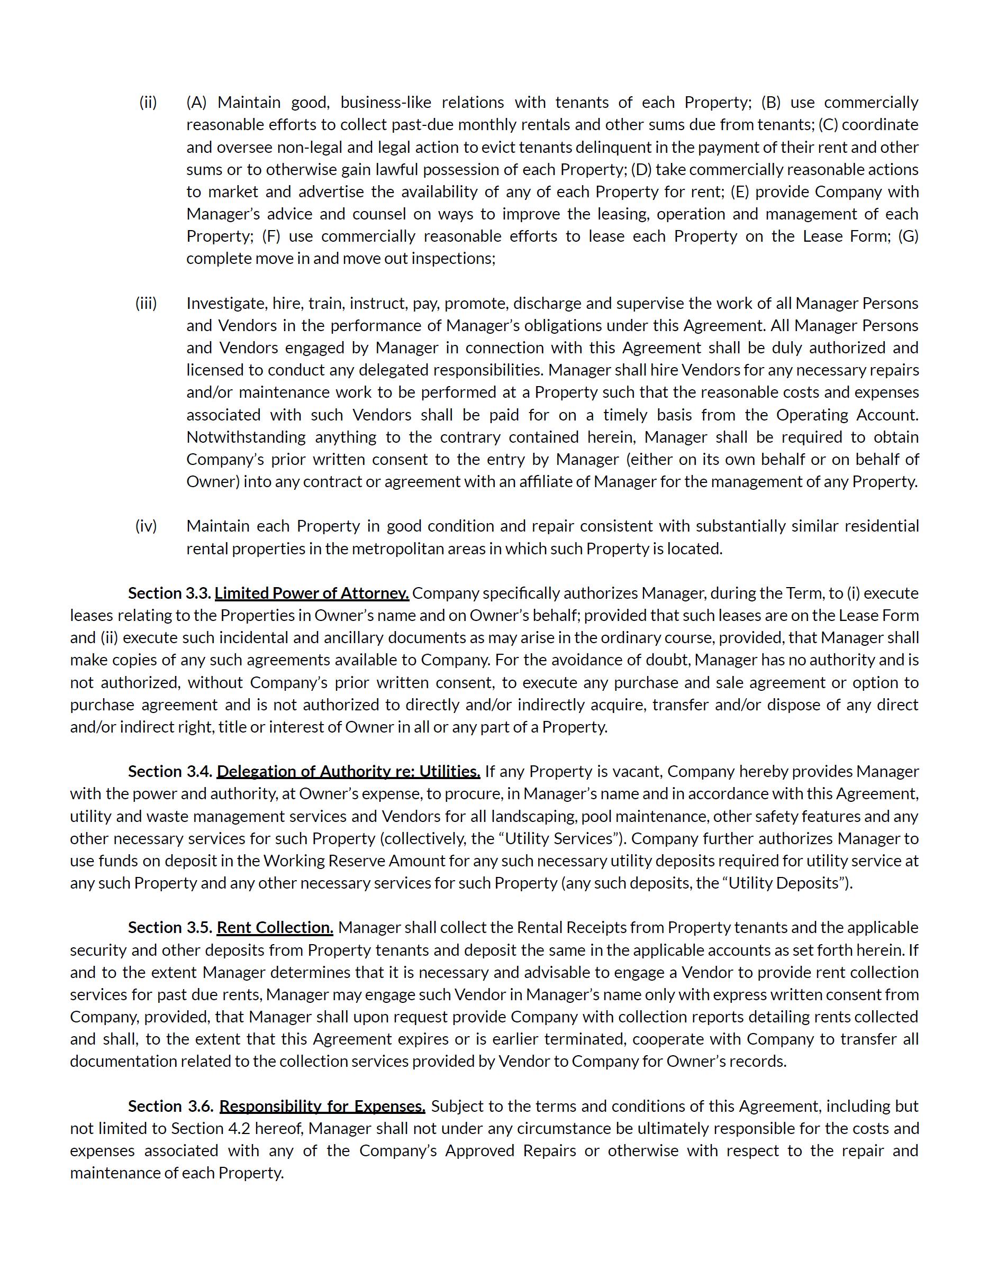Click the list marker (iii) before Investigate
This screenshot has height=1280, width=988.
[146, 304]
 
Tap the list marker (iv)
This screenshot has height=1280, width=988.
[146, 526]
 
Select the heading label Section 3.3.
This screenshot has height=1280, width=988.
[169, 593]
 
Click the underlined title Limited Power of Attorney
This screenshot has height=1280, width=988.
[311, 593]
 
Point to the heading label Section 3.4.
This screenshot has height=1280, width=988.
[170, 771]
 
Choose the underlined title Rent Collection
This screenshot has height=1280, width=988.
[275, 927]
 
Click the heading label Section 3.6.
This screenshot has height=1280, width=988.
[170, 1106]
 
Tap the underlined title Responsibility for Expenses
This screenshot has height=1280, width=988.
[322, 1106]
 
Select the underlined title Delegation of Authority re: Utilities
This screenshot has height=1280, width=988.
[348, 771]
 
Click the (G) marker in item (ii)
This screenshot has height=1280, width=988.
[908, 236]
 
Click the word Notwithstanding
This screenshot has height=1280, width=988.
[246, 437]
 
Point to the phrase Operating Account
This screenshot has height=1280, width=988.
[847, 415]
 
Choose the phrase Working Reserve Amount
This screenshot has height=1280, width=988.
[338, 861]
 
